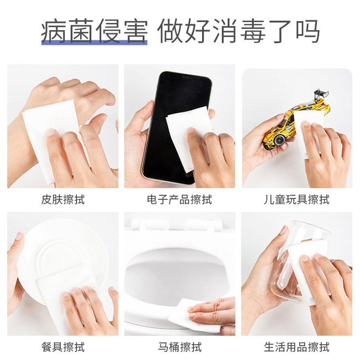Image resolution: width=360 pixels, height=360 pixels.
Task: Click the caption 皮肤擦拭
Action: (63, 200)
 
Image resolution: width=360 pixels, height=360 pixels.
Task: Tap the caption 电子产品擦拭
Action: (180, 200)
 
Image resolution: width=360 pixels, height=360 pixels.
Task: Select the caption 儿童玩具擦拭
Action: (297, 200)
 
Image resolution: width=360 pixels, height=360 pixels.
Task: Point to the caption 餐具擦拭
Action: (63, 347)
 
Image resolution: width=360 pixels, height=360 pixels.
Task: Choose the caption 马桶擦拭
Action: (180, 347)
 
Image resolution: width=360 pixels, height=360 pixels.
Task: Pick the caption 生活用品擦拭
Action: (297, 347)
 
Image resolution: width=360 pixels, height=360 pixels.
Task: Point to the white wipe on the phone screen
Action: (189, 138)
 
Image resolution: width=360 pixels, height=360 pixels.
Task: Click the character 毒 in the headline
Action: (252, 32)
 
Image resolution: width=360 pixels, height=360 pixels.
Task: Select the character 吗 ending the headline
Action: (308, 32)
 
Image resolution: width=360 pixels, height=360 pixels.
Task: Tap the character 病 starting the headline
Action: (54, 32)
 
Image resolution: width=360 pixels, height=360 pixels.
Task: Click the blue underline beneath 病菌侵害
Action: (94, 42)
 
